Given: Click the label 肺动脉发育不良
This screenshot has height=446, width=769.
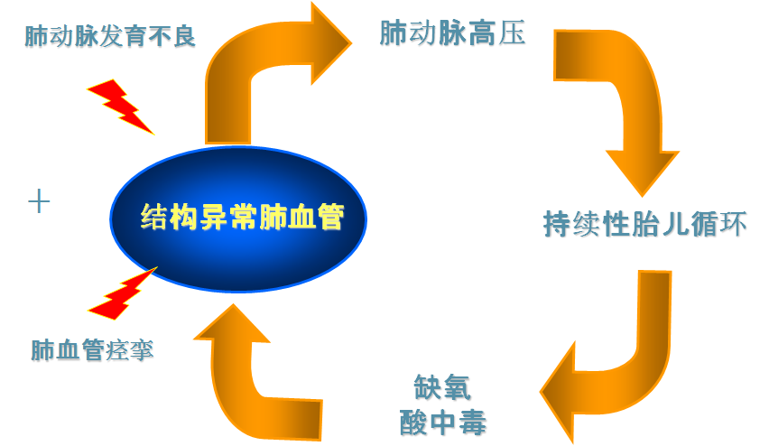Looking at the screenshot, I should coord(110,38).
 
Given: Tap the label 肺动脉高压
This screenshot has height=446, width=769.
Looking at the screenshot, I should coord(452,35).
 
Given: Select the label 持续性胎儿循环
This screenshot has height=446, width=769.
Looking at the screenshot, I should coord(644,223).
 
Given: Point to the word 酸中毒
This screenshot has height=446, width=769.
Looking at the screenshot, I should coord(442,420).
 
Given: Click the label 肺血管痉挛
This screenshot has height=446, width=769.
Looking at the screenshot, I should coord(91,349).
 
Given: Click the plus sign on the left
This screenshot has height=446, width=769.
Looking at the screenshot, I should coord(38,201).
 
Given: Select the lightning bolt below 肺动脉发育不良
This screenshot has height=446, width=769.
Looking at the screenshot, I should coord(120,105).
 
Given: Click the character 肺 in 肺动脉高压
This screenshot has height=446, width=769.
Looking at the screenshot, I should coord(393,35).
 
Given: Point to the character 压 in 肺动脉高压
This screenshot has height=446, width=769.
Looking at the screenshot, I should coord(512,35).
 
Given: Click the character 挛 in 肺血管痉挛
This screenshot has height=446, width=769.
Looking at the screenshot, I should coord(141,349).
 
